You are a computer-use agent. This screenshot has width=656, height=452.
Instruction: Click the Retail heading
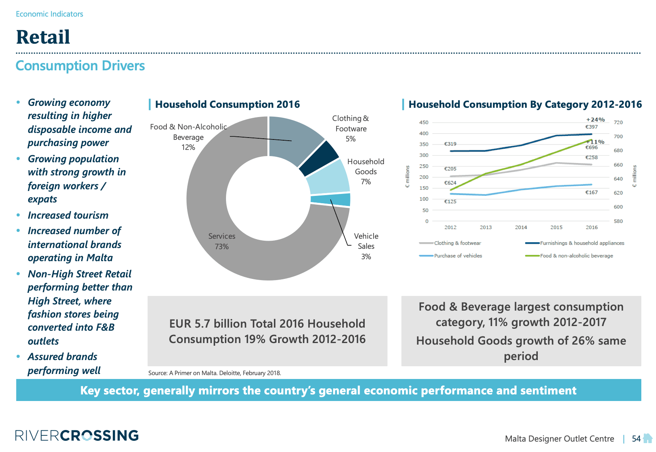tap(43, 37)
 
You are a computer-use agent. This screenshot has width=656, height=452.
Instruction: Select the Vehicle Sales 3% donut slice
tap(331, 199)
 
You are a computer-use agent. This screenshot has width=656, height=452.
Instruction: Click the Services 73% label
tap(222, 241)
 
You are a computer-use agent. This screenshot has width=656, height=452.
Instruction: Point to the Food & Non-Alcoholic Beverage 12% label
tap(188, 137)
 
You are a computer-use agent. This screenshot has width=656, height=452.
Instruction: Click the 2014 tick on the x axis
tap(521, 227)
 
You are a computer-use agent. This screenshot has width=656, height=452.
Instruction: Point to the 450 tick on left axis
tap(424, 122)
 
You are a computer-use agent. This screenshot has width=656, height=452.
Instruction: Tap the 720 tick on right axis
tap(618, 122)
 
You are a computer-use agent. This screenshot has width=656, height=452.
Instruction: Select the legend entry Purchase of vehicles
tap(458, 256)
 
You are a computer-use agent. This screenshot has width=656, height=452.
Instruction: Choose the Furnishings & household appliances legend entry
tap(582, 243)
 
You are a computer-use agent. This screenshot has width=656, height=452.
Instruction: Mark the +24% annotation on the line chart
tap(595, 120)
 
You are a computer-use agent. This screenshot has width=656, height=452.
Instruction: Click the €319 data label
tap(450, 144)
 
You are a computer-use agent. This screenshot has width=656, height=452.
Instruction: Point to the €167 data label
tap(591, 192)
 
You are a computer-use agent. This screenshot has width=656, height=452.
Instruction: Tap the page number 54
tap(636, 438)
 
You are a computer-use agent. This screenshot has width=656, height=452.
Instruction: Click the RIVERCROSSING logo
tap(77, 435)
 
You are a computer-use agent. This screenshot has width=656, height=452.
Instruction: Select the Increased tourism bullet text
tap(68, 215)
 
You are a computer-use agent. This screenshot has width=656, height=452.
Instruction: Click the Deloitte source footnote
tap(214, 373)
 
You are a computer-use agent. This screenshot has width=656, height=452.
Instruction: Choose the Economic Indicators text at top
tap(49, 14)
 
